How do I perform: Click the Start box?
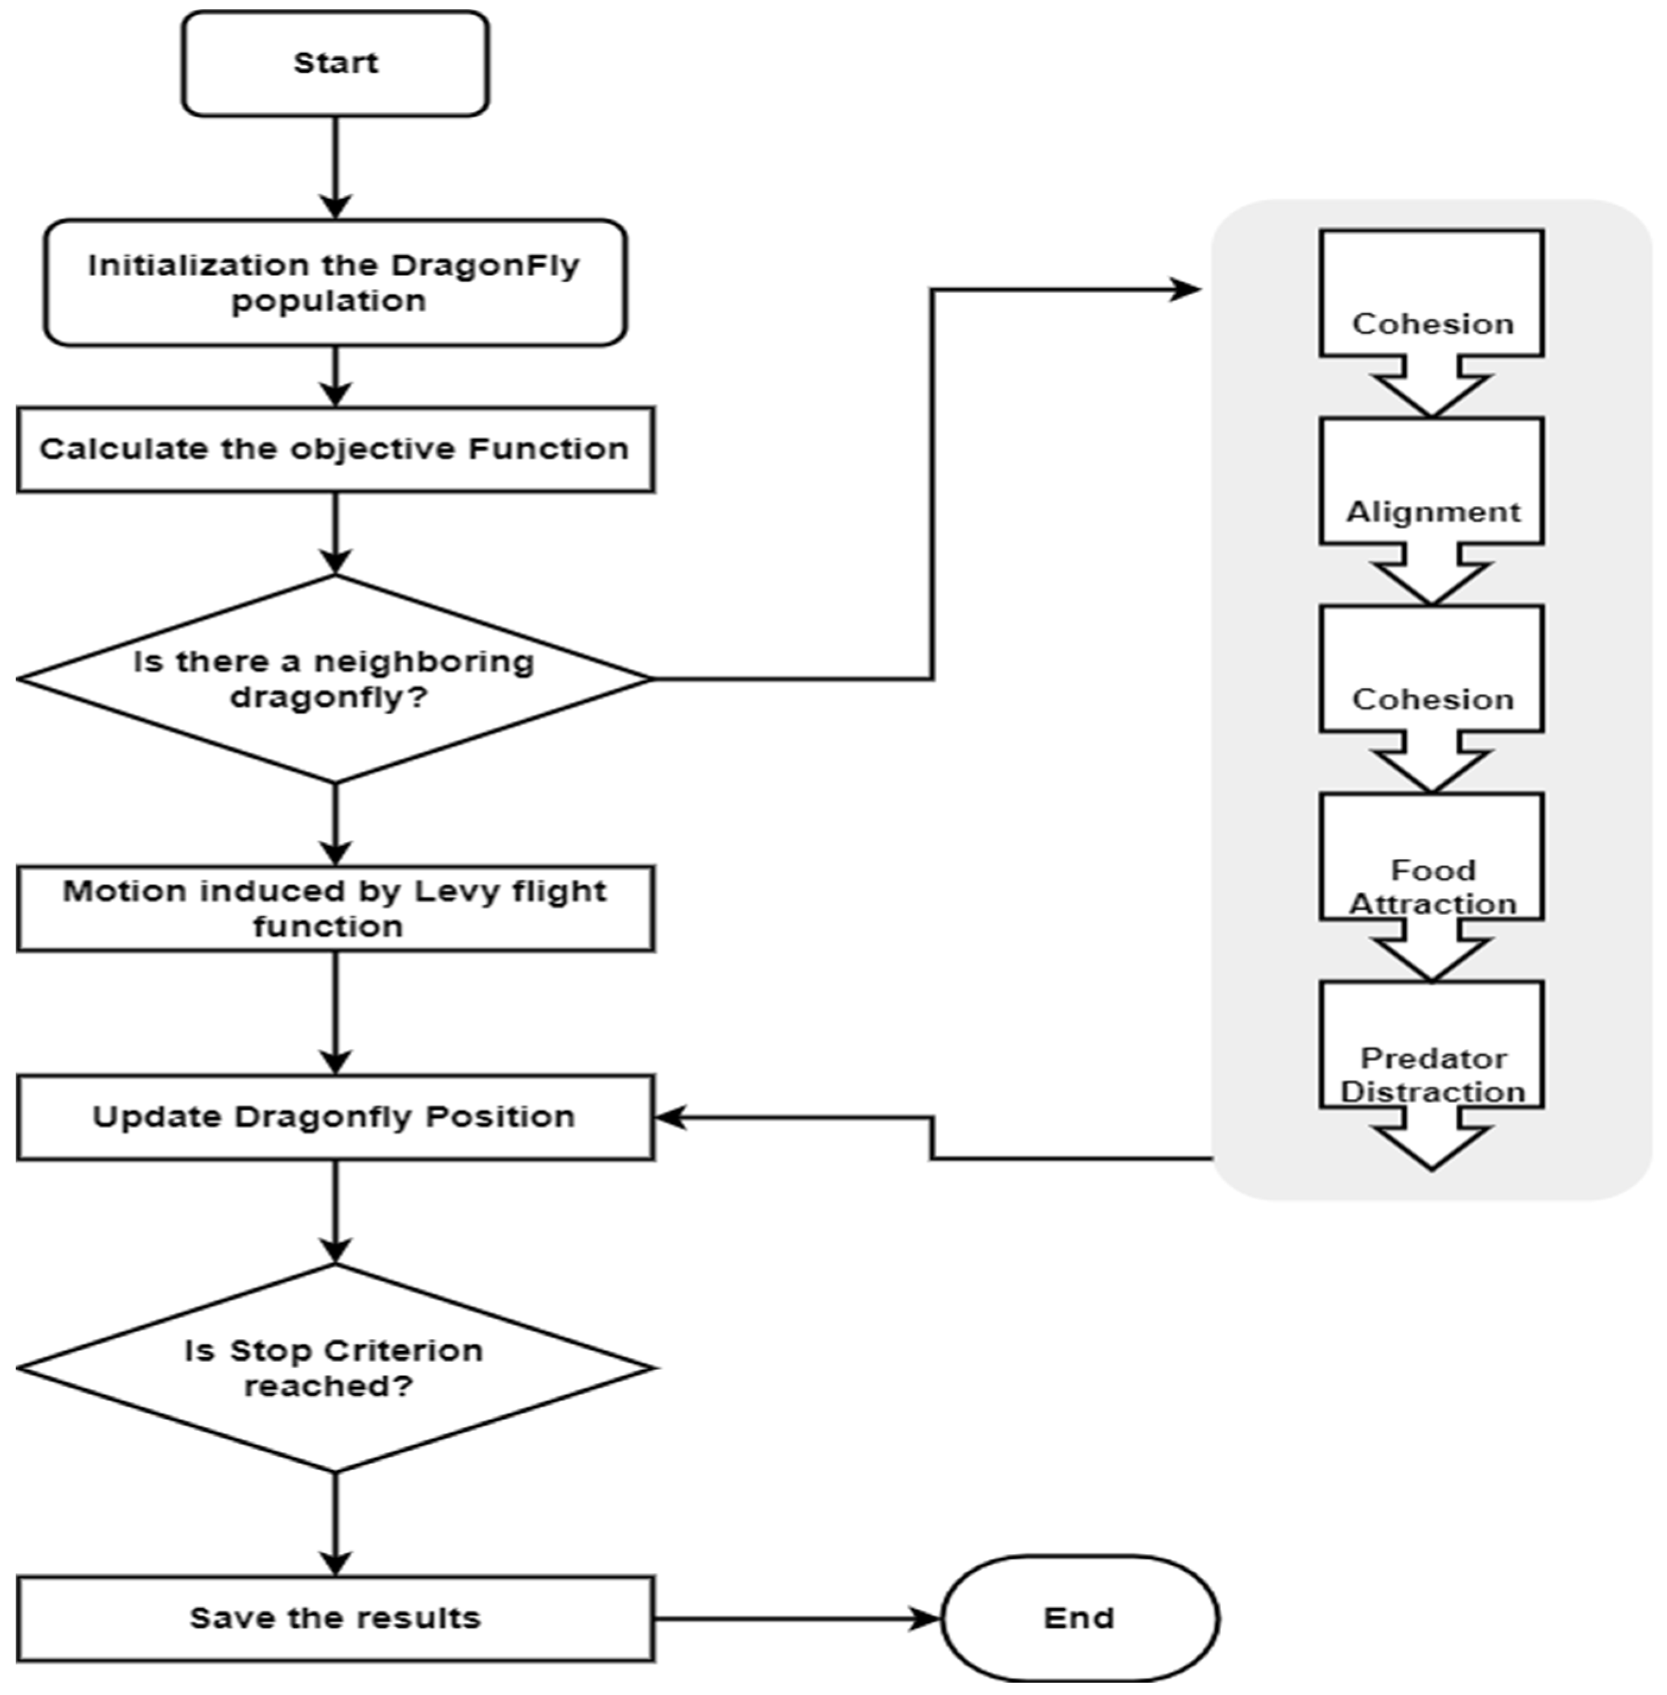pos(335,63)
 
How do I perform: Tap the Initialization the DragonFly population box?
pos(335,283)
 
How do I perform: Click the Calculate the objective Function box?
pos(335,449)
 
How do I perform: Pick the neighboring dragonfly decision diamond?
pos(335,679)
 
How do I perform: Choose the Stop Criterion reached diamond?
pos(335,1368)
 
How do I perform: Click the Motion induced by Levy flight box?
pos(335,908)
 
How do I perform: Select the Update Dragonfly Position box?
pos(335,1118)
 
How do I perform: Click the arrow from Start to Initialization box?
pos(335,166)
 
